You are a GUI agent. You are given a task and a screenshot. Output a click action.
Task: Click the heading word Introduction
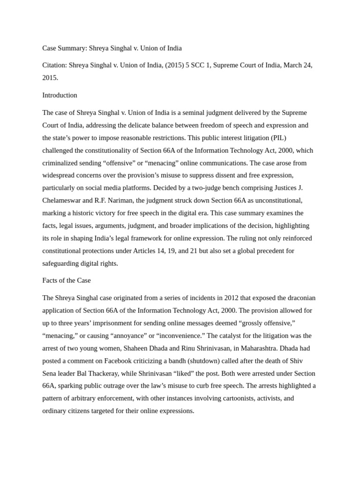[60, 95]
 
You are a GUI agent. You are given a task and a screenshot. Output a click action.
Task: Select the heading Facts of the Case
[67, 280]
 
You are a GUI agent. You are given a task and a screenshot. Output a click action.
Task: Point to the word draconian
[294, 298]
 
